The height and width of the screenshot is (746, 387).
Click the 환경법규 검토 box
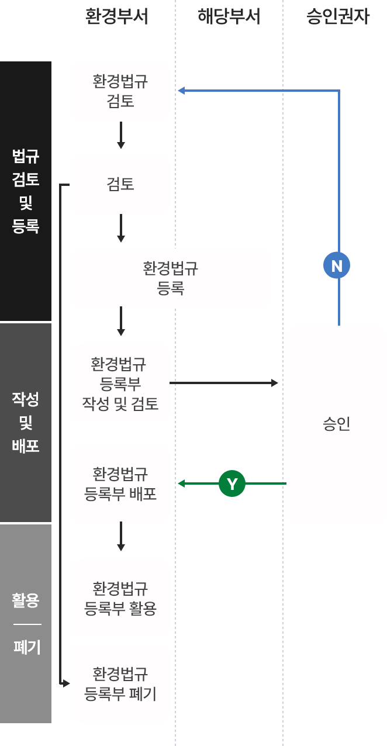click(x=120, y=91)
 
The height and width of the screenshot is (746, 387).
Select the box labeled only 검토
click(x=120, y=184)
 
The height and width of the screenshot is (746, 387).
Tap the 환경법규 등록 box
click(x=170, y=278)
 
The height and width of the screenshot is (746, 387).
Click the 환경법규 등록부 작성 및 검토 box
click(x=120, y=383)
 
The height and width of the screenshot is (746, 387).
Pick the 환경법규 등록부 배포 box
click(x=120, y=483)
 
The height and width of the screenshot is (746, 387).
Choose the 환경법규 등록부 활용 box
click(x=120, y=598)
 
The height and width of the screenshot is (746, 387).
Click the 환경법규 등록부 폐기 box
click(x=120, y=683)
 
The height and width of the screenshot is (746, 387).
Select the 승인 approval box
click(x=336, y=424)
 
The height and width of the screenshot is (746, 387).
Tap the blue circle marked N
click(x=337, y=267)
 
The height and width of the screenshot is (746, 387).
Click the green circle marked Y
click(x=232, y=484)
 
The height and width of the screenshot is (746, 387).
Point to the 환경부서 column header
click(x=116, y=16)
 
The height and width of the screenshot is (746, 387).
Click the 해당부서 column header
click(x=229, y=16)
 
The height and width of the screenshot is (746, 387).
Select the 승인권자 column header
click(x=337, y=16)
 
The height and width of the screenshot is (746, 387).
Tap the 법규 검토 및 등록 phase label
click(x=26, y=191)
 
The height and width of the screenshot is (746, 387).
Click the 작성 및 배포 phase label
click(x=26, y=422)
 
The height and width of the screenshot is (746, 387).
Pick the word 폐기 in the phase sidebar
click(x=26, y=647)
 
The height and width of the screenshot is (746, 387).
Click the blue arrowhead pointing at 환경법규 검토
click(x=181, y=91)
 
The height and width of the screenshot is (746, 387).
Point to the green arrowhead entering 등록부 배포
click(x=181, y=483)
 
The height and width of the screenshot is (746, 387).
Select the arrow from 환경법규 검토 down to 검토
click(x=120, y=136)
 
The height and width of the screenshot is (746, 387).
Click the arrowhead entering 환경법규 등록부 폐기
click(x=66, y=683)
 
